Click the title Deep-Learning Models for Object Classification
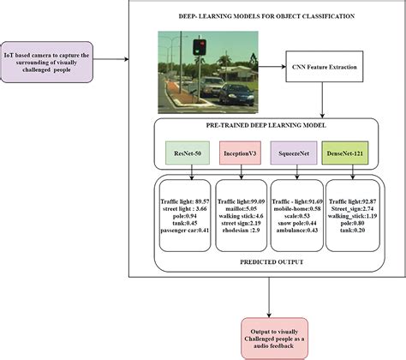coord(266,15)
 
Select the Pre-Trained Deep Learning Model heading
coord(267,126)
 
